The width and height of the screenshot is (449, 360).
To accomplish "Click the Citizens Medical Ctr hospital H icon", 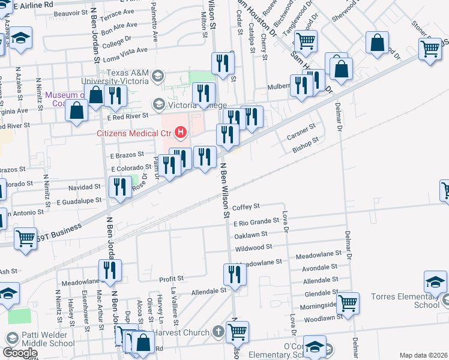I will [180, 133].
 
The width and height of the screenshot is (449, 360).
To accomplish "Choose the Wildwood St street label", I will [254, 247].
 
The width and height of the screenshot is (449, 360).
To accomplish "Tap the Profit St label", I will [171, 279].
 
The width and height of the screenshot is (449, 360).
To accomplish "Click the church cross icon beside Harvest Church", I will [218, 332].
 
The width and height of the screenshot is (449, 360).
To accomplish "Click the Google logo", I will [20, 353].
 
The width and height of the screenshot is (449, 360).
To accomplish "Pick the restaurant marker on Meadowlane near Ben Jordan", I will [109, 271].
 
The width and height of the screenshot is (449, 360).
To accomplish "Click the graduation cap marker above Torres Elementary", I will [435, 281].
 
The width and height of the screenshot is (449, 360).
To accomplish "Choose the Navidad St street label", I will [88, 187].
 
